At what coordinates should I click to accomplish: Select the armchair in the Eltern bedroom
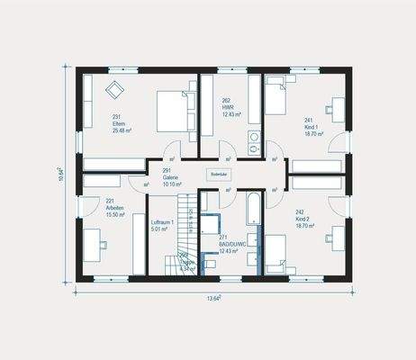pyautogui.click(x=115, y=88)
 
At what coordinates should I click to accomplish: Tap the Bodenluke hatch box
pyautogui.click(x=220, y=174)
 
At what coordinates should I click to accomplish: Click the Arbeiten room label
pyautogui.click(x=115, y=206)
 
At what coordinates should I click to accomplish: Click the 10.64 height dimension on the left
pyautogui.click(x=60, y=174)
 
